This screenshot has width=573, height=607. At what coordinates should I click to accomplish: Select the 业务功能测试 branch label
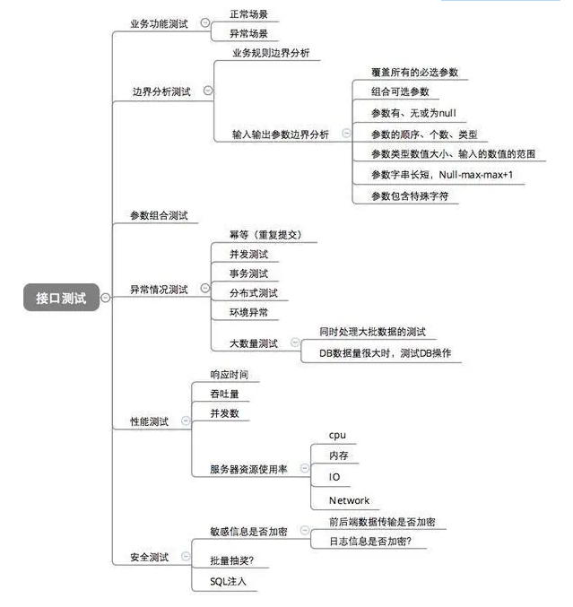pyautogui.click(x=159, y=24)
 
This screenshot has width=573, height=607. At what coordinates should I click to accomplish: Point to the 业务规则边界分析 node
pyautogui.click(x=270, y=53)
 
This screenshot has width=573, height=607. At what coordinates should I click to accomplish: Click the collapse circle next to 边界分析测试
pyautogui.click(x=209, y=91)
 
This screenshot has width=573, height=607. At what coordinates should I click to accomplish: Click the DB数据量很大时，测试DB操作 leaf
pyautogui.click(x=389, y=354)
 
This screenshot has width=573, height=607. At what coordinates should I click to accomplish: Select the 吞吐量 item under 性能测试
pyautogui.click(x=224, y=394)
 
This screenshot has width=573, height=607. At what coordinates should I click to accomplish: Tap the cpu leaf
pyautogui.click(x=337, y=435)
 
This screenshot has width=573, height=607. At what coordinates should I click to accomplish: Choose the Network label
pyautogui.click(x=349, y=500)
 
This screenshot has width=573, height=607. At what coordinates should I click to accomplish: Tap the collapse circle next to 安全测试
pyautogui.click(x=186, y=557)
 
